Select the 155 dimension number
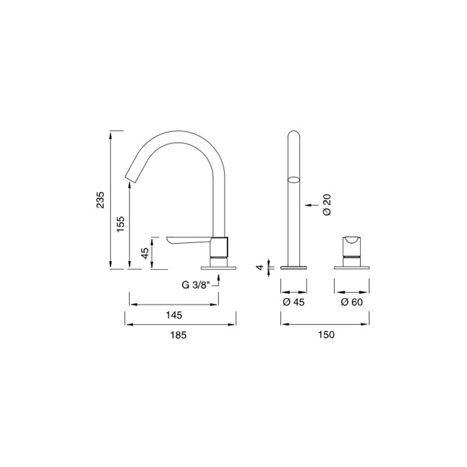click(120, 225)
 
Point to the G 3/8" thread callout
click(196, 285)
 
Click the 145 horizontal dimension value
click(174, 315)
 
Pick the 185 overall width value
click(178, 335)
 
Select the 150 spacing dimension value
click(326, 335)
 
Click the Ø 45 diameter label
click(294, 302)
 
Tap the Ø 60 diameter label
click(352, 302)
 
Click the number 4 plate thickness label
click(260, 267)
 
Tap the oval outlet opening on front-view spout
click(294, 179)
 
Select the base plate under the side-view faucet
click(218, 268)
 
